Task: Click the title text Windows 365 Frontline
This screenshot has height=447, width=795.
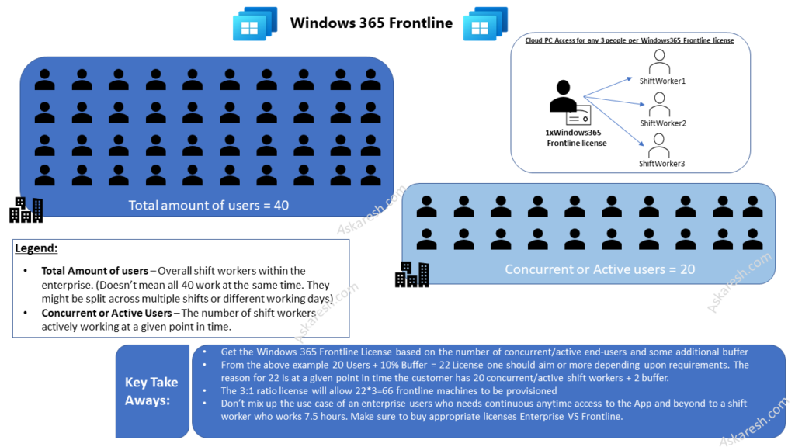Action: [x=371, y=23]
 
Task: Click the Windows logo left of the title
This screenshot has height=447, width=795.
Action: [x=255, y=23]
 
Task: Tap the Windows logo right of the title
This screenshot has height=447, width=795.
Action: [x=485, y=23]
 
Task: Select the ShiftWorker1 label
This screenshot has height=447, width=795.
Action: [x=662, y=81]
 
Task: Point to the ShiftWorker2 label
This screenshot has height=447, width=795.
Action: [x=662, y=123]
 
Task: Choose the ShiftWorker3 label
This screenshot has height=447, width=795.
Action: [x=661, y=164]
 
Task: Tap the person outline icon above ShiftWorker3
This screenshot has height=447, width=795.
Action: [x=660, y=145]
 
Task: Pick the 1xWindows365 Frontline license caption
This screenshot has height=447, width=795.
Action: [x=576, y=138]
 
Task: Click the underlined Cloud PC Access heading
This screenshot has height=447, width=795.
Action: [x=630, y=40]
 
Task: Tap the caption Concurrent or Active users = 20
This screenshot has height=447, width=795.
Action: [x=599, y=269]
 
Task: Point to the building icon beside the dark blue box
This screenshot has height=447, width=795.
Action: [x=26, y=209]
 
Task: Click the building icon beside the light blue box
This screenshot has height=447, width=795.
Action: [x=411, y=274]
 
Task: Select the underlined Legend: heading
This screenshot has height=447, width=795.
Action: [x=36, y=248]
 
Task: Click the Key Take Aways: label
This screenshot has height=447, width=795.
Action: [x=151, y=391]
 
